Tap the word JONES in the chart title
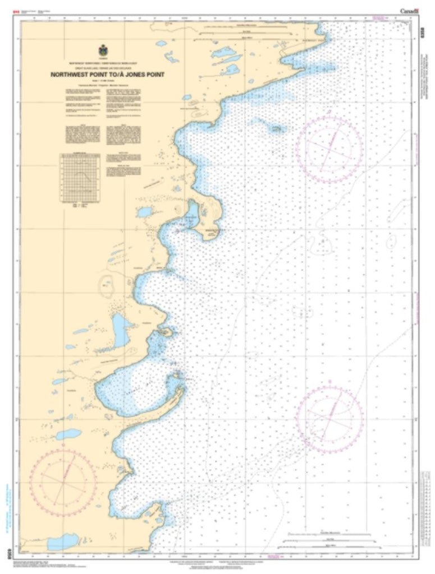[136, 73]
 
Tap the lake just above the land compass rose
[68, 434]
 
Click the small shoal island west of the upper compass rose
[276, 128]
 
